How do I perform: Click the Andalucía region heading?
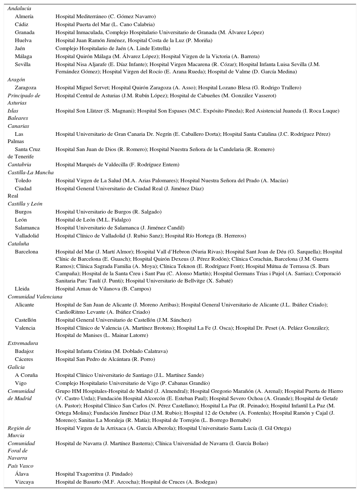tap(19, 8)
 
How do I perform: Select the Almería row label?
tap(24, 16)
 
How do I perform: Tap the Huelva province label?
tap(23, 40)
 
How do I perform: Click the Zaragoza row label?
tap(25, 88)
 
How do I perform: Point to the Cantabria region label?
tap(19, 164)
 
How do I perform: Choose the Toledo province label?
tap(23, 180)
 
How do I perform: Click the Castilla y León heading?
tap(25, 204)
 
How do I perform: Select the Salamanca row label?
tap(27, 228)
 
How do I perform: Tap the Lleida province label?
tap(22, 289)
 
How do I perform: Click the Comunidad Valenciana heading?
tap(35, 297)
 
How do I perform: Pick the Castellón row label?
tap(25, 320)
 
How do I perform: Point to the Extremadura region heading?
tap(22, 343)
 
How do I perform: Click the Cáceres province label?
tap(24, 359)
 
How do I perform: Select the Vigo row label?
tap(21, 383)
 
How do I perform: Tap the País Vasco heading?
tap(20, 466)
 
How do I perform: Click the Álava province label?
tap(22, 474)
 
